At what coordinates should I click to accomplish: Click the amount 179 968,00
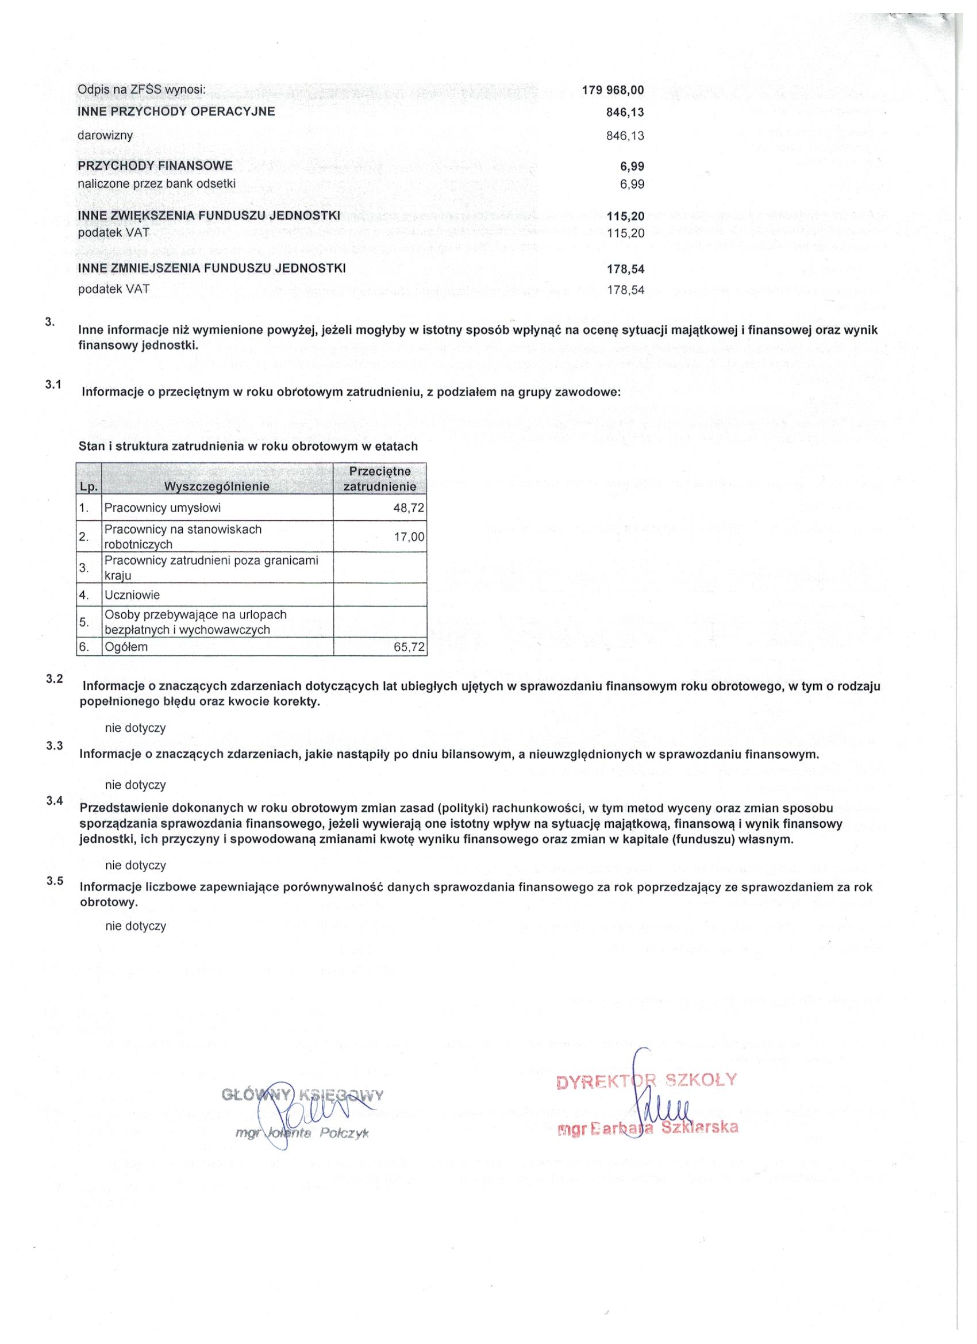point(613,90)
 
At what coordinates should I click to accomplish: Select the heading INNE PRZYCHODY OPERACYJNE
point(176,112)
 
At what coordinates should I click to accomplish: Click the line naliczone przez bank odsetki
point(156,184)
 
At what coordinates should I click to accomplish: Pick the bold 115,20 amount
point(625,217)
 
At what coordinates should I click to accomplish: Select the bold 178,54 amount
point(625,270)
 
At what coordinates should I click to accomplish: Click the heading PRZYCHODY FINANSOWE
point(155,166)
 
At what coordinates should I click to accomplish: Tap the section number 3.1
point(53,385)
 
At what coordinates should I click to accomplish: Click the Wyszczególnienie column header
point(216,486)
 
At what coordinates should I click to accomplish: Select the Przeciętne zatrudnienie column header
point(380,479)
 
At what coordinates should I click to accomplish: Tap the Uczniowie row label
point(132,595)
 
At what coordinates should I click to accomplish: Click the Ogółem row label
point(126,647)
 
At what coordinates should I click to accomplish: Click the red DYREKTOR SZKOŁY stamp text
point(646,1079)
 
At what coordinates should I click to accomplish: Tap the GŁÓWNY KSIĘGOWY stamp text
point(302,1095)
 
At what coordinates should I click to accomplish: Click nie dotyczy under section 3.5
point(136,926)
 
